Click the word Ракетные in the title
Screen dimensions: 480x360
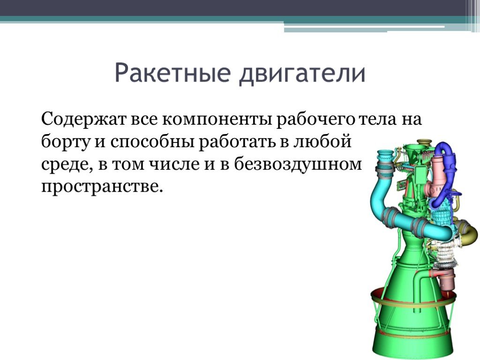coord(172,73)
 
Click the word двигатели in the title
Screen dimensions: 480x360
coord(302,74)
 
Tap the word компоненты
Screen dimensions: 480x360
coord(217,120)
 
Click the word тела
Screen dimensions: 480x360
coord(377,119)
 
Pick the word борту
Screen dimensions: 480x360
coord(66,142)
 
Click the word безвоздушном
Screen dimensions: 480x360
coord(298,164)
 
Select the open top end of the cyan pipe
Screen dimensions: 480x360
coord(385,152)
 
